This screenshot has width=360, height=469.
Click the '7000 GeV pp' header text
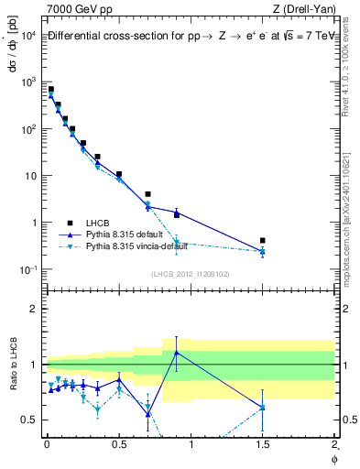pos(76,9)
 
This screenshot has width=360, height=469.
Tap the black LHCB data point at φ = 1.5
pos(262,241)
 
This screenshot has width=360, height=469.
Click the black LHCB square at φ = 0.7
pos(147,194)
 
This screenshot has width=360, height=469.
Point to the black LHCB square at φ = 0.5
pos(119,174)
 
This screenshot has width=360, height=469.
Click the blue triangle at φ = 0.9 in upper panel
pos(176,213)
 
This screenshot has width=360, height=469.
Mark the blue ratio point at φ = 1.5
pos(262,407)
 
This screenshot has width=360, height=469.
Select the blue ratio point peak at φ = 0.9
pos(176,353)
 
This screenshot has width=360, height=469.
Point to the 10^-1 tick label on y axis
pos(27,269)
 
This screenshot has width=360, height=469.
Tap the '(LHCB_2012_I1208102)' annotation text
pos(190,274)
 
